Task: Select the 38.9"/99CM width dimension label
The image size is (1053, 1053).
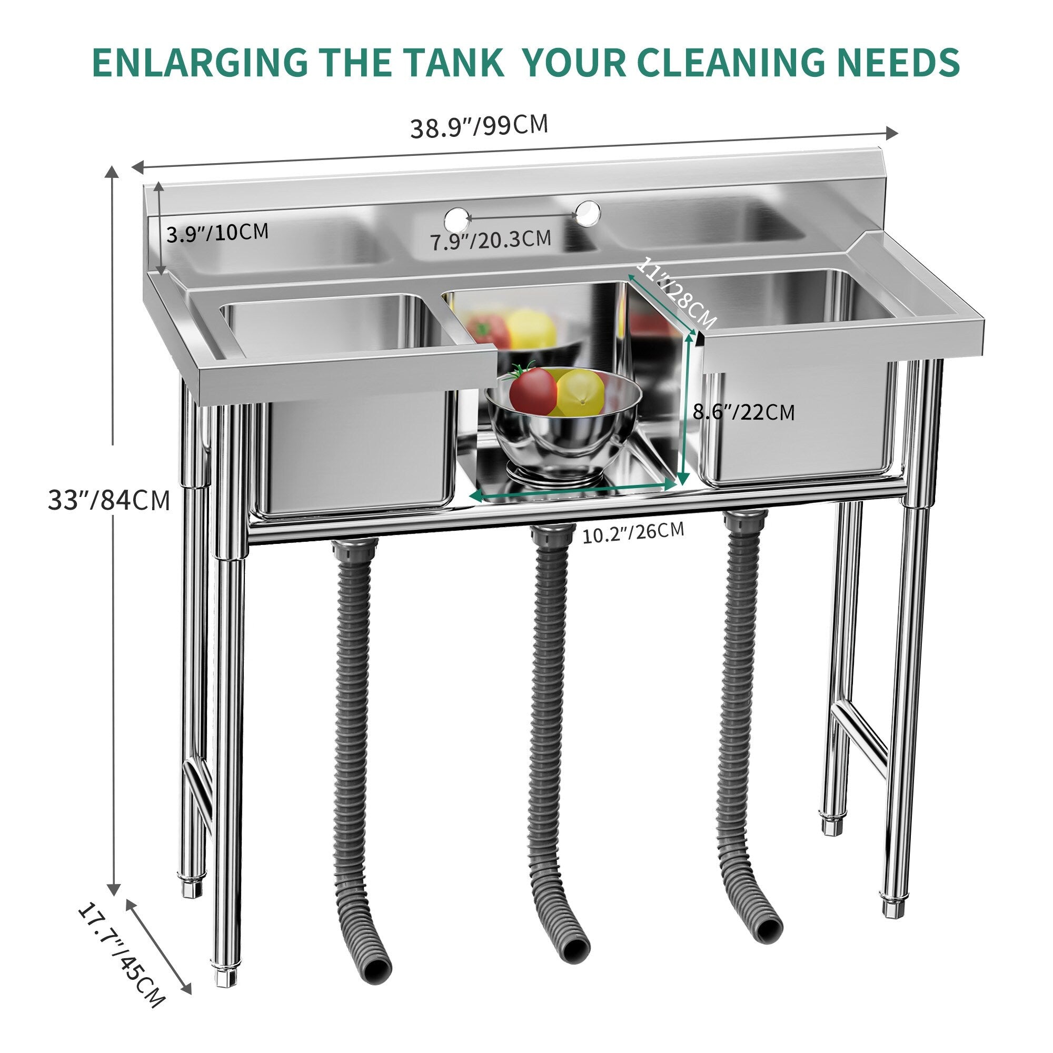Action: [x=479, y=126]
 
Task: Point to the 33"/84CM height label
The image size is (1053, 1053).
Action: [x=109, y=500]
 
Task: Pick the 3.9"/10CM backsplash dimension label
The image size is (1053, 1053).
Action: [x=217, y=233]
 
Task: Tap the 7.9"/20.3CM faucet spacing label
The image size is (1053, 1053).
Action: [x=491, y=240]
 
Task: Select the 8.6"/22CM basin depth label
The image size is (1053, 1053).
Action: [x=743, y=412]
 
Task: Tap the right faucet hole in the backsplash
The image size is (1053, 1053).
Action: [x=588, y=212]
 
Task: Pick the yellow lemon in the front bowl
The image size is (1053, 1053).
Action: [x=580, y=391]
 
